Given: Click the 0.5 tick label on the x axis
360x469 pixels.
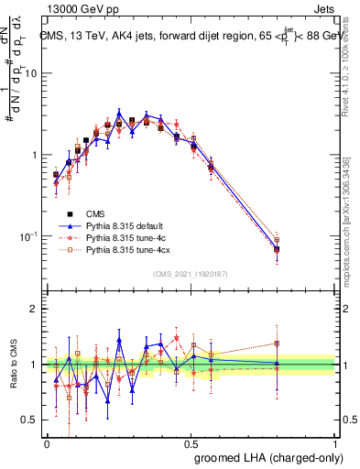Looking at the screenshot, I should click(x=191, y=442).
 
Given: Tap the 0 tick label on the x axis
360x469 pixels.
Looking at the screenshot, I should click(x=47, y=442).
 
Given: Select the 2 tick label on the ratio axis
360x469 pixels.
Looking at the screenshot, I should click(x=33, y=309).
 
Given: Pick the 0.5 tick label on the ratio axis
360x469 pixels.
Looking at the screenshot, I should click(x=28, y=420).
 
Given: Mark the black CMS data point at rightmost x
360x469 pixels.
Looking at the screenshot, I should click(x=277, y=248).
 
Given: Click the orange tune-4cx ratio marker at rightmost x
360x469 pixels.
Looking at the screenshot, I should click(x=277, y=344).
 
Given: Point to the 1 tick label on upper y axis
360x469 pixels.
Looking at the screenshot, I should click(x=33, y=155).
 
